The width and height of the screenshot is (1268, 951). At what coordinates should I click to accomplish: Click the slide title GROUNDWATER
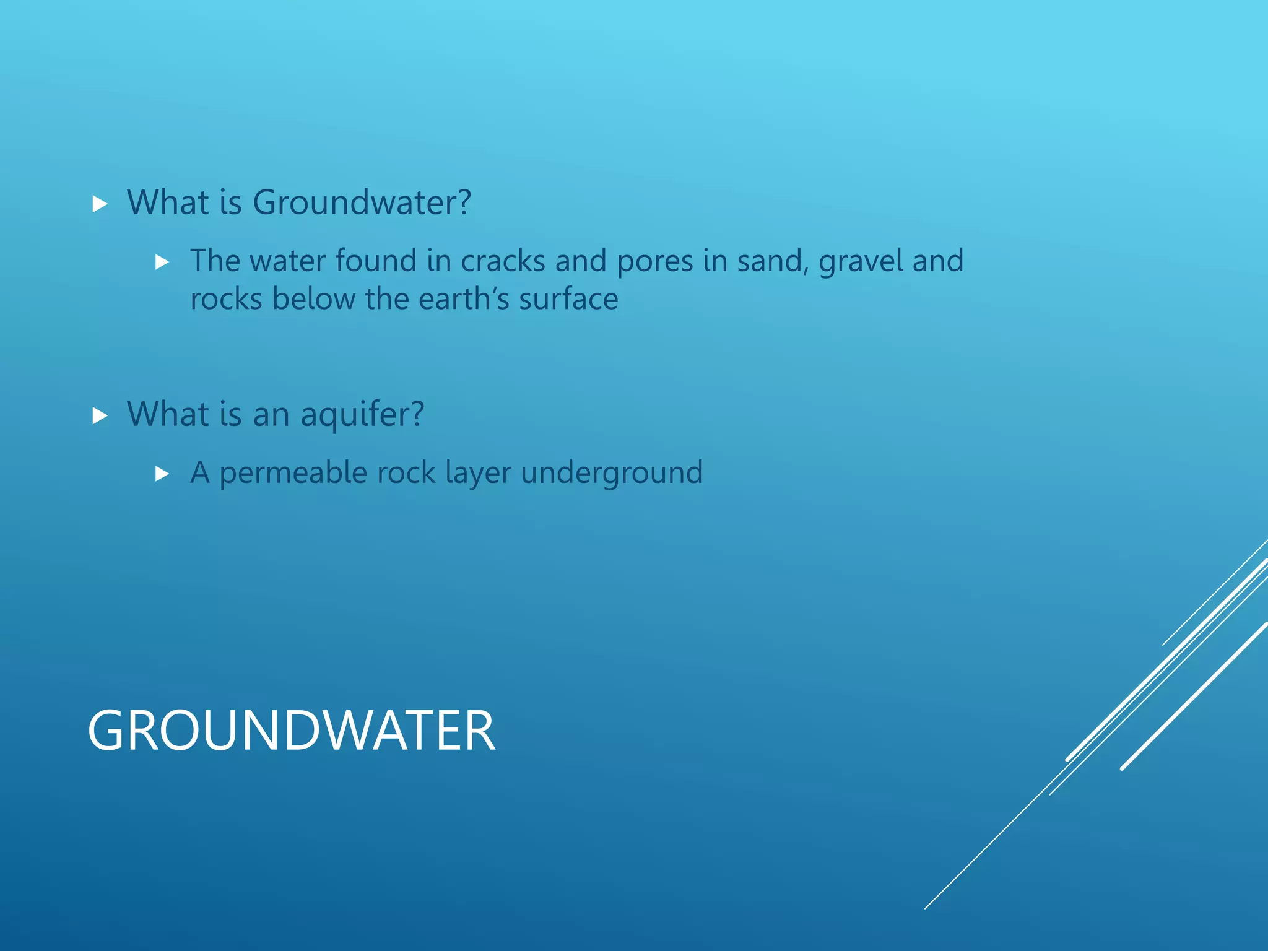pyautogui.click(x=292, y=731)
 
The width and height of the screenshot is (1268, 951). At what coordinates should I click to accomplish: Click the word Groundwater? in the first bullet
pyautogui.click(x=362, y=202)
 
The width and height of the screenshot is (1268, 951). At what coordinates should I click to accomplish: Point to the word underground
pyautogui.click(x=612, y=473)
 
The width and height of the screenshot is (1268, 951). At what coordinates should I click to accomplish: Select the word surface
pyautogui.click(x=568, y=299)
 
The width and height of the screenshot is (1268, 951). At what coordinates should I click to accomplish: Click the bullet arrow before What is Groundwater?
pyautogui.click(x=100, y=204)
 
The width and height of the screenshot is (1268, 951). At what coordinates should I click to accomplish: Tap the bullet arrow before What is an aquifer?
pyautogui.click(x=100, y=415)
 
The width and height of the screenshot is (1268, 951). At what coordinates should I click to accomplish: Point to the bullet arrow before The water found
pyautogui.click(x=162, y=263)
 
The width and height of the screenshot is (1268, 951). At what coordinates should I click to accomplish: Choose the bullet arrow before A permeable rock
pyautogui.click(x=162, y=474)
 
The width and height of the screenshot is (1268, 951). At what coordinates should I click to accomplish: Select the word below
pyautogui.click(x=314, y=299)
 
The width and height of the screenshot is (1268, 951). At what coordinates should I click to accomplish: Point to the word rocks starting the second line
pyautogui.click(x=226, y=299)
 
